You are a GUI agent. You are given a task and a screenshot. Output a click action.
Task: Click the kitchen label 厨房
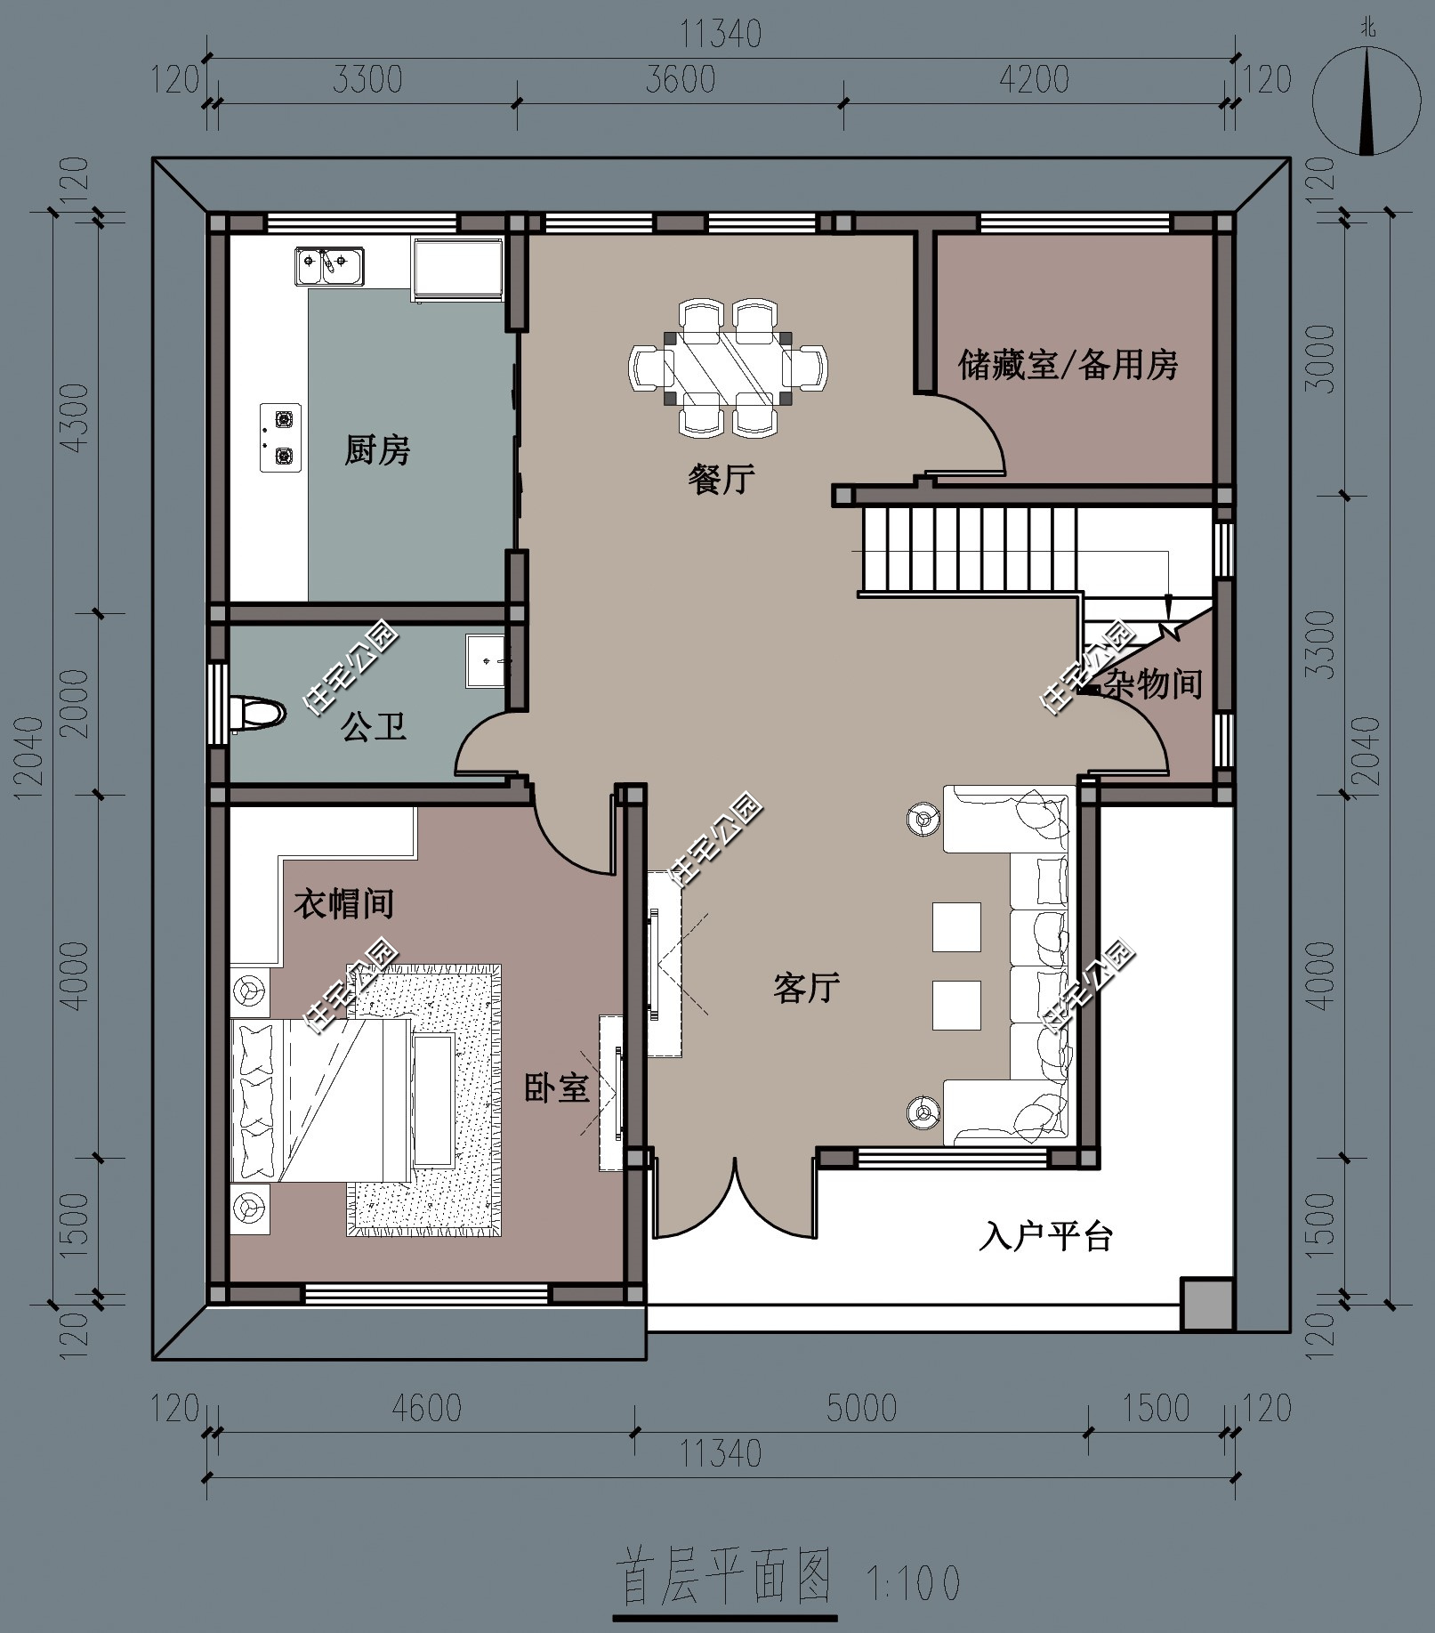(x=377, y=450)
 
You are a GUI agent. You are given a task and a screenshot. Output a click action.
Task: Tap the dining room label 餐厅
(x=722, y=479)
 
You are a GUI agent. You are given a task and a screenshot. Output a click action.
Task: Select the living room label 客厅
(x=806, y=988)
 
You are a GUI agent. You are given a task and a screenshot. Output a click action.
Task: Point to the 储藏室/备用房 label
(x=1068, y=364)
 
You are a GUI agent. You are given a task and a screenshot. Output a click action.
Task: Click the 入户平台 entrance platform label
(x=1046, y=1236)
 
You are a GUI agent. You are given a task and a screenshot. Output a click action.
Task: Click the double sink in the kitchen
(x=329, y=266)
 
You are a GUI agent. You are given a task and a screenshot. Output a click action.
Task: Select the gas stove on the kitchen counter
(x=280, y=437)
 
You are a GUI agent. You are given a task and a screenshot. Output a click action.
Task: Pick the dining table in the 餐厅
(x=728, y=367)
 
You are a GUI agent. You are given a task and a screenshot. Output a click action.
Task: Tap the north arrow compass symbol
(x=1366, y=99)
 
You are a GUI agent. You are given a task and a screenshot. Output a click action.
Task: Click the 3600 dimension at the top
(x=681, y=79)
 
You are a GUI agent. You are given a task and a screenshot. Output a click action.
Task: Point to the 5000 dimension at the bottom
(x=861, y=1408)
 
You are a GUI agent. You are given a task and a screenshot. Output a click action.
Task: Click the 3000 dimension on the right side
(x=1324, y=359)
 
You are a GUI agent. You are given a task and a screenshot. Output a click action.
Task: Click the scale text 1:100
(x=913, y=1581)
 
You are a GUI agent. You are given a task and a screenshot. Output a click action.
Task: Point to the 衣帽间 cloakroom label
(x=343, y=904)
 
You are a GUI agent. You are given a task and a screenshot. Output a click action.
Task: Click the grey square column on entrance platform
(x=1206, y=1304)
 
